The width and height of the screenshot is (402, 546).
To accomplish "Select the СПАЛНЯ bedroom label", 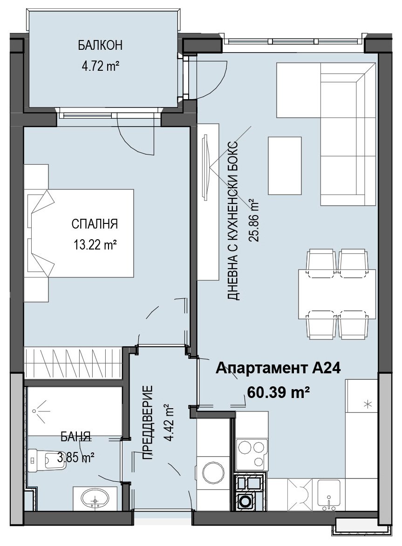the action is (x=95, y=224).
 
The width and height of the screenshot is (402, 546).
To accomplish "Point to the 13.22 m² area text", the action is (x=95, y=245).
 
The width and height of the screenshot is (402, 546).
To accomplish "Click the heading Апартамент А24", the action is (x=278, y=368).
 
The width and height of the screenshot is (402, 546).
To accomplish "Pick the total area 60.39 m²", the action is (x=279, y=392).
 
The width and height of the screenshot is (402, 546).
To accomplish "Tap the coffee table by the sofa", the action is (x=284, y=165).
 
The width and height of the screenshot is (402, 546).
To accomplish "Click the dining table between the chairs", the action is (x=337, y=294).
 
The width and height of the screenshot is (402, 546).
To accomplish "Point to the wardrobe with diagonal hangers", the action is (x=73, y=363).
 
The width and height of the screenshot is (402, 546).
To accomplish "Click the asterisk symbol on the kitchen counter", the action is (x=368, y=404).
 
